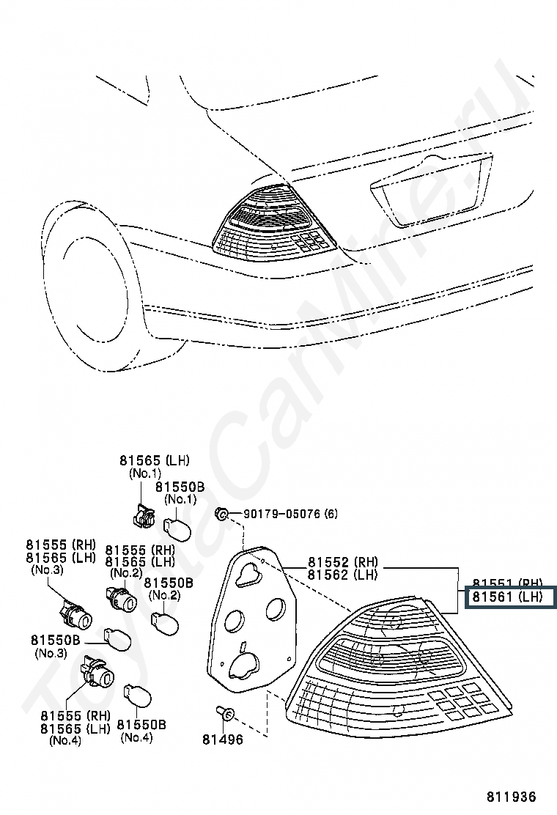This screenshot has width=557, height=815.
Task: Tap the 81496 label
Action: click(x=223, y=740)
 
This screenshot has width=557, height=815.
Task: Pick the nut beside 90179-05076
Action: click(x=221, y=514)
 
